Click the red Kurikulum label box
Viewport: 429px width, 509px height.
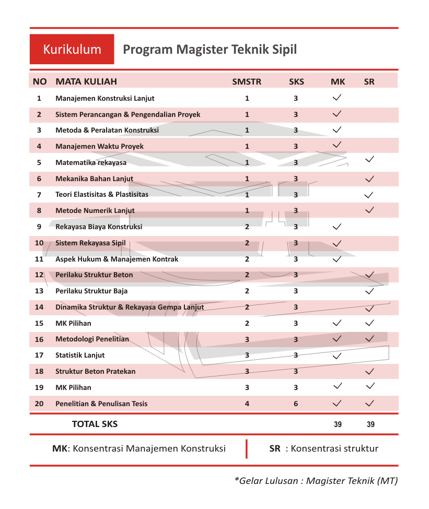(72, 50)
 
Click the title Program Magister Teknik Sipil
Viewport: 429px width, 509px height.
(210, 50)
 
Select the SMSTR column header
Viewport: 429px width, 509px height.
(247, 81)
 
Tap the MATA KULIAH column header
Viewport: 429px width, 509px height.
(86, 81)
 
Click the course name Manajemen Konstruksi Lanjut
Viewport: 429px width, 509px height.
(105, 98)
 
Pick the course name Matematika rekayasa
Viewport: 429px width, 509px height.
(91, 162)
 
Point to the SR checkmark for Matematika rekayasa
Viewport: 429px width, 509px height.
(370, 159)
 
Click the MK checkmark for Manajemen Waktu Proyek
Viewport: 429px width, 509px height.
(337, 145)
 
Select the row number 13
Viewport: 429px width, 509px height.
(39, 291)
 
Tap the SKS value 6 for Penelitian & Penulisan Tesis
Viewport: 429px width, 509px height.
(296, 404)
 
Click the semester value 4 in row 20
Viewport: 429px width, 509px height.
(247, 404)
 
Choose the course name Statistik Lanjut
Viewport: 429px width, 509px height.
(80, 355)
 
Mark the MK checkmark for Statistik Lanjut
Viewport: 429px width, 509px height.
(337, 356)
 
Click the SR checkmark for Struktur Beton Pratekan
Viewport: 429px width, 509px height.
(370, 372)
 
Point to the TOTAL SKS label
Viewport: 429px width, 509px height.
(95, 424)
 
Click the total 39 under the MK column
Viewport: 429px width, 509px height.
(338, 424)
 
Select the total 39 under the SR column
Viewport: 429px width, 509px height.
(370, 424)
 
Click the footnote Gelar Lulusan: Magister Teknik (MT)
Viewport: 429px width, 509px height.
(316, 481)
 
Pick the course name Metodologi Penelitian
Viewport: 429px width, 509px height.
(92, 339)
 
